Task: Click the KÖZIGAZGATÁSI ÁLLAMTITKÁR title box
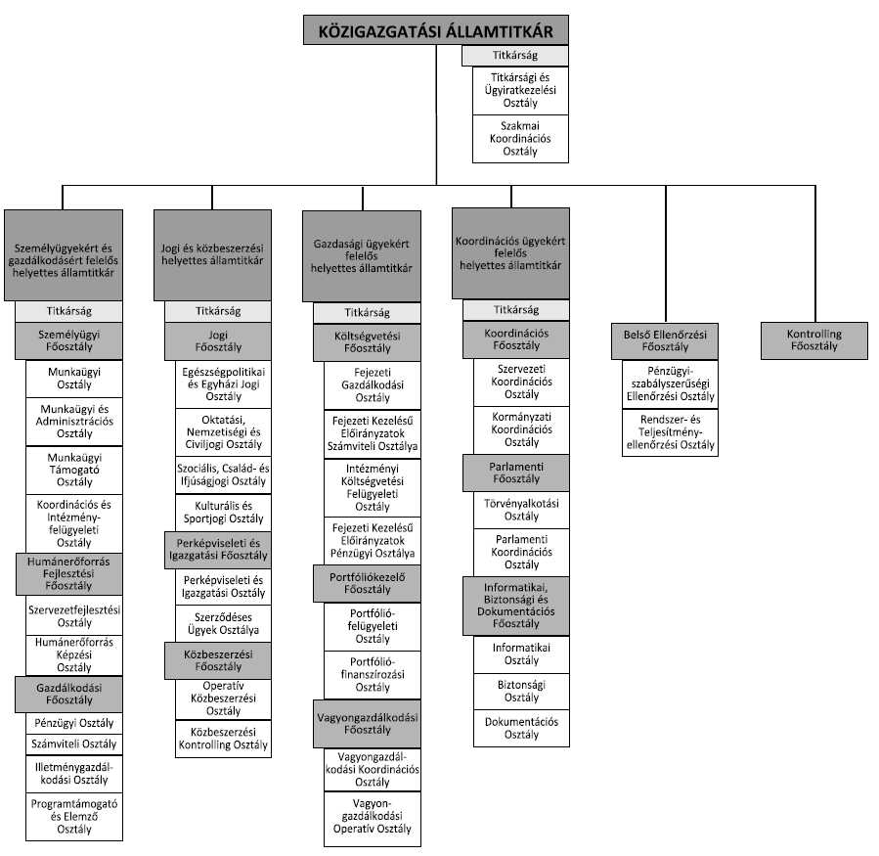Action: pyautogui.click(x=436, y=30)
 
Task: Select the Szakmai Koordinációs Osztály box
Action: pyautogui.click(x=520, y=138)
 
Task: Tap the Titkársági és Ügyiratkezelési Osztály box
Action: pyautogui.click(x=520, y=90)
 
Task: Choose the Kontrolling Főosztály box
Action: pyautogui.click(x=813, y=339)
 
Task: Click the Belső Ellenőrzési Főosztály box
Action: pyautogui.click(x=665, y=339)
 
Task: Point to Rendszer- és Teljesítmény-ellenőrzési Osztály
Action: pyautogui.click(x=670, y=431)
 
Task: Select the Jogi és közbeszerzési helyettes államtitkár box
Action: pyautogui.click(x=212, y=254)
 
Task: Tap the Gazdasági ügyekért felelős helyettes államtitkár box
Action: pyautogui.click(x=362, y=254)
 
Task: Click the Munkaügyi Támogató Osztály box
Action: pyautogui.click(x=75, y=470)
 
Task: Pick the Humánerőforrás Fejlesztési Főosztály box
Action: pyautogui.click(x=68, y=573)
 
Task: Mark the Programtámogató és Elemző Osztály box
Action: pyautogui.click(x=75, y=816)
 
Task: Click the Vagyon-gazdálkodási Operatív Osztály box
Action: pyautogui.click(x=374, y=820)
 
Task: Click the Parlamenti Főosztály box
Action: pyautogui.click(x=514, y=473)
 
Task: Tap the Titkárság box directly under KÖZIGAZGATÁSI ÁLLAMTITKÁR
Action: pyautogui.click(x=514, y=56)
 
